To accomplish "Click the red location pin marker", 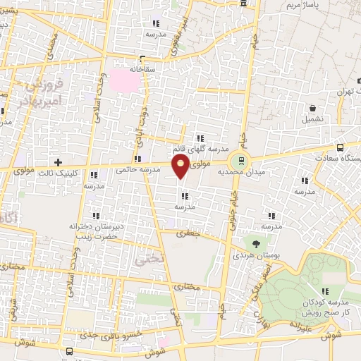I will click(181, 166).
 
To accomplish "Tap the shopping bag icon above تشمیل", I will click(312, 109).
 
